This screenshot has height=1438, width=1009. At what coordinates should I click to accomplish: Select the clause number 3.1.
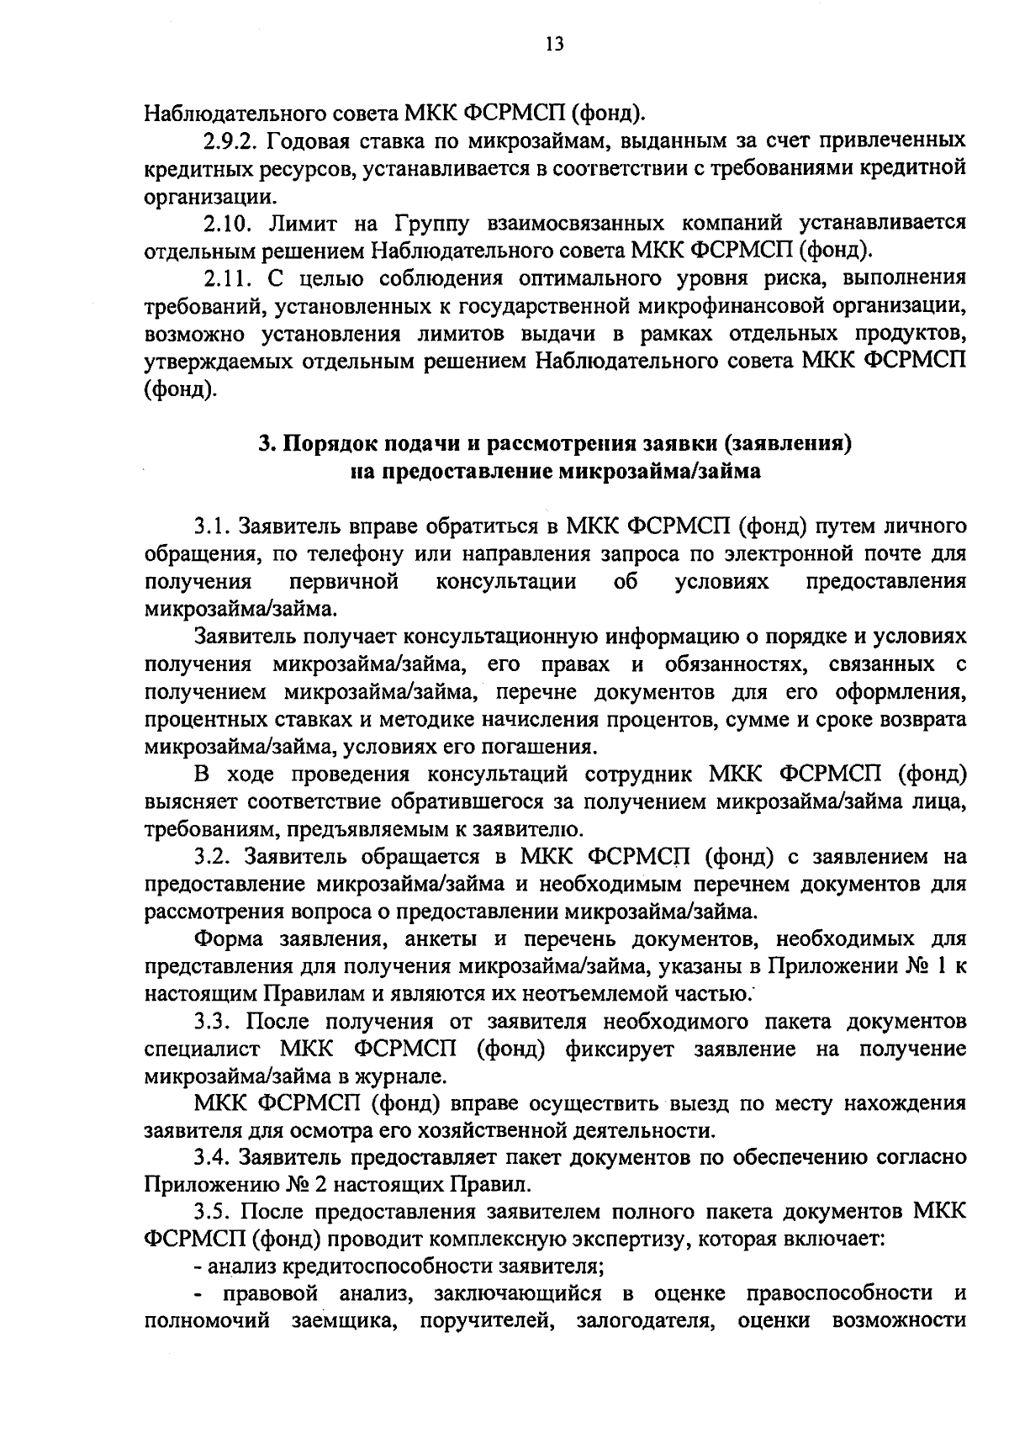pyautogui.click(x=212, y=527)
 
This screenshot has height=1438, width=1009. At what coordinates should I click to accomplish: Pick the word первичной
pyautogui.click(x=342, y=582)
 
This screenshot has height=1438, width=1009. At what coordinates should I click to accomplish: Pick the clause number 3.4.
pyautogui.click(x=212, y=1159)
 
